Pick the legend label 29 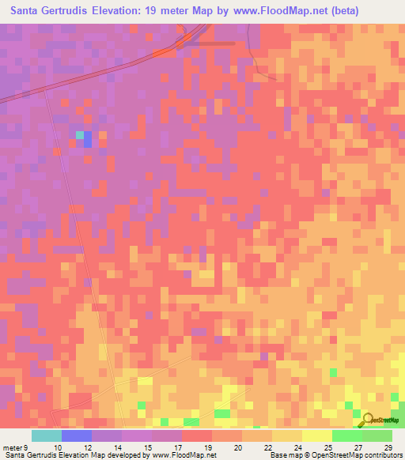(388, 447)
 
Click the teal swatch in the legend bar (47, 435)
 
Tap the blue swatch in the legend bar (77, 435)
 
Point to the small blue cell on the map (87, 141)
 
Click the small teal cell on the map (79, 135)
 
